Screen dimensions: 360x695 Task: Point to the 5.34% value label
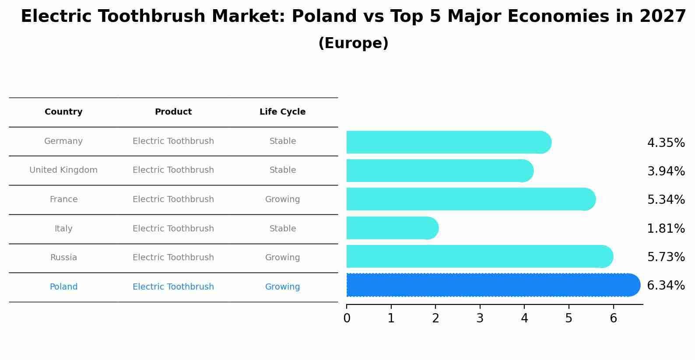[x=666, y=200]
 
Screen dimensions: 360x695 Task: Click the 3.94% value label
[x=666, y=171]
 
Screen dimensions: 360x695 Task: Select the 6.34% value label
[x=666, y=286]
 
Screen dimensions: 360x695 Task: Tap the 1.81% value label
[x=666, y=229]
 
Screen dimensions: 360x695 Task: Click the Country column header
[x=63, y=112]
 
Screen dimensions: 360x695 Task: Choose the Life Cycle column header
[x=282, y=112]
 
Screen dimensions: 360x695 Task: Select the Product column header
[x=173, y=112]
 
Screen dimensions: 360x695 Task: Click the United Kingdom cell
[x=63, y=170]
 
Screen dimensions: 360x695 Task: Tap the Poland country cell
[x=63, y=287]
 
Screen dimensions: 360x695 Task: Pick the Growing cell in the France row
[x=282, y=199]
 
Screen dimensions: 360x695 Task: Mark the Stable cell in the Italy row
[x=282, y=229]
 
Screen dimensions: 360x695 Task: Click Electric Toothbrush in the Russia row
[x=173, y=258]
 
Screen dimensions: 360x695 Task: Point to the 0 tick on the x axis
[x=347, y=318]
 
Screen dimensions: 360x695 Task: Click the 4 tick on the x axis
[x=524, y=318]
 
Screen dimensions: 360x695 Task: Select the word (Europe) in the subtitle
[x=353, y=43]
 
